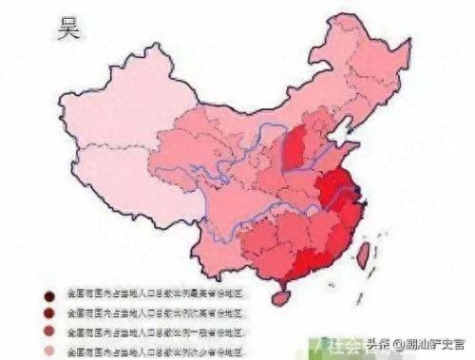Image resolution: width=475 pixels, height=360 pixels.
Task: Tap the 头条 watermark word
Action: (379, 344)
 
